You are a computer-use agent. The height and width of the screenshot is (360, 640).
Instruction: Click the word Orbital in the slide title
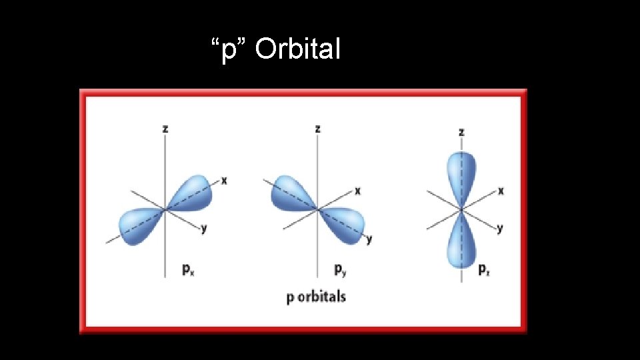coord(297,49)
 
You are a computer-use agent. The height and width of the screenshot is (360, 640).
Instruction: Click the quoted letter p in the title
coord(229,50)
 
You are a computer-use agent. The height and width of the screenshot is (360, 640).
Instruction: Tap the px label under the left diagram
coord(188,270)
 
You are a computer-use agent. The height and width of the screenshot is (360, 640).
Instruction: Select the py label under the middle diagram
coord(341,270)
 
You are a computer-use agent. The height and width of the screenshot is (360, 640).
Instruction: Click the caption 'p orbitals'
coord(316,296)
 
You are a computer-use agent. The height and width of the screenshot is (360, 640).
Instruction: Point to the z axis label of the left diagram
coord(165,129)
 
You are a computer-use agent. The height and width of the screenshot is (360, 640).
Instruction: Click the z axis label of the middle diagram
coord(317,129)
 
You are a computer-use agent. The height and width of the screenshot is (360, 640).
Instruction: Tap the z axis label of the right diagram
coord(461,132)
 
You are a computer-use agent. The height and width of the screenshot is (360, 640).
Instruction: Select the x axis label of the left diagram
coord(224,181)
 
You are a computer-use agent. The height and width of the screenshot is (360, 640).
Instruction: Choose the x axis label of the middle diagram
coord(358,191)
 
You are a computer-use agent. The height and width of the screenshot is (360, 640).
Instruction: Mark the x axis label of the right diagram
coord(501,191)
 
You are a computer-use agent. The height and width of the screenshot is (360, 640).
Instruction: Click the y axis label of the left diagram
coord(204,228)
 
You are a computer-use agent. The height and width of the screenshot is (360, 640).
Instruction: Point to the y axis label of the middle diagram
coord(369,239)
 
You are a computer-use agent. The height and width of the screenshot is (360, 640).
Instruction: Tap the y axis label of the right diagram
coord(500,228)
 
